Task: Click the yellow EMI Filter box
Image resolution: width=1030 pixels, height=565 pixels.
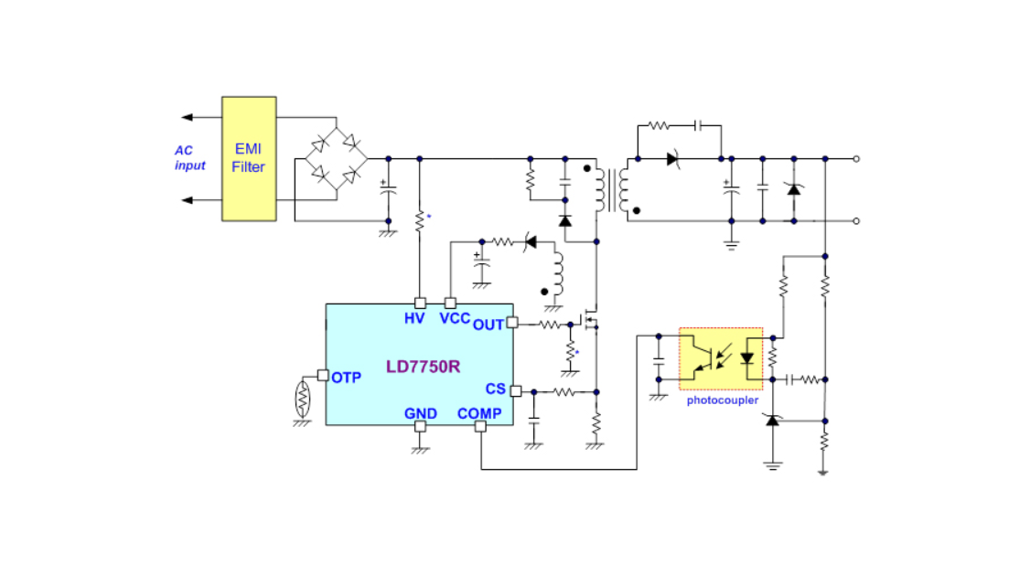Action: [x=248, y=158]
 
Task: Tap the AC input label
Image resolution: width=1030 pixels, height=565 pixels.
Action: [x=189, y=158]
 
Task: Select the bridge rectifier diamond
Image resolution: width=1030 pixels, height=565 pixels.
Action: [x=336, y=158]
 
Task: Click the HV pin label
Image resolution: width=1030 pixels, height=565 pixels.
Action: [x=414, y=319]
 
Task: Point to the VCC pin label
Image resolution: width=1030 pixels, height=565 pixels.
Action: [x=455, y=319]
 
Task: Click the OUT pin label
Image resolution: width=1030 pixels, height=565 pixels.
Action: [x=488, y=325]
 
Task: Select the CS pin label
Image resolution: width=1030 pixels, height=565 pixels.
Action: [x=495, y=389]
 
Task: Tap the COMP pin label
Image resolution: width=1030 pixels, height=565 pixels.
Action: [x=479, y=413]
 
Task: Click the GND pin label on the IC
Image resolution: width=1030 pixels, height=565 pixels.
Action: [x=420, y=413]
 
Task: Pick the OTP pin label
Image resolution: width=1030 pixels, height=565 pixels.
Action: [x=346, y=378]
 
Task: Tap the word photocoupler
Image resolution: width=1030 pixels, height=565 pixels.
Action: [x=723, y=400]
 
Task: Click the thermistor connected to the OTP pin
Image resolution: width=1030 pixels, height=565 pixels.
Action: [x=303, y=397]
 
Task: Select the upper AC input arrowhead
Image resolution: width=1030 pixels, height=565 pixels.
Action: [x=187, y=117]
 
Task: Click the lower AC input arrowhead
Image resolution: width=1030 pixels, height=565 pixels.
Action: [x=187, y=200]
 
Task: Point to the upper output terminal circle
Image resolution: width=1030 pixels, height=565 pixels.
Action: [x=856, y=158]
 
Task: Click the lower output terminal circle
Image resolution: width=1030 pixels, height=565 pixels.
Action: [x=856, y=220]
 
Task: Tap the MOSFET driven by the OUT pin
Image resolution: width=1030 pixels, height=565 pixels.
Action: [x=590, y=322]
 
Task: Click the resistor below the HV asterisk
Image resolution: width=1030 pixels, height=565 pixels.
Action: [x=420, y=221]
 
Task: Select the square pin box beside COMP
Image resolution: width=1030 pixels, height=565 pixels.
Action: [x=480, y=427]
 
